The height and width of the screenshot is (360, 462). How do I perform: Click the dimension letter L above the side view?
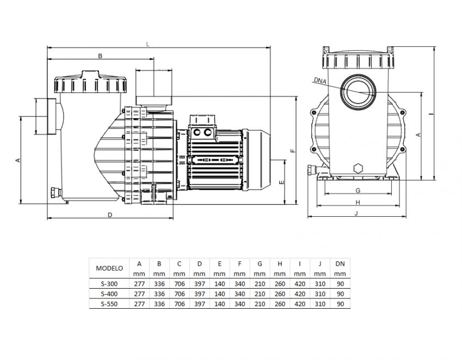pyautogui.click(x=149, y=44)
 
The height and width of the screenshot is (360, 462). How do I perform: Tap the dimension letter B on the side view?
pyautogui.click(x=100, y=56)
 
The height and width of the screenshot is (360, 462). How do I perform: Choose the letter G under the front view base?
pyautogui.click(x=358, y=190)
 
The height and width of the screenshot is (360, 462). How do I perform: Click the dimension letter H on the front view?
pyautogui.click(x=358, y=202)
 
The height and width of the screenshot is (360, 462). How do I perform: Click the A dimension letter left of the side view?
pyautogui.click(x=17, y=160)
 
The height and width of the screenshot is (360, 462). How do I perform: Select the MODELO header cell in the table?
pyautogui.click(x=109, y=268)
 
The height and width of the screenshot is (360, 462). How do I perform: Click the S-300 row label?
pyautogui.click(x=109, y=284)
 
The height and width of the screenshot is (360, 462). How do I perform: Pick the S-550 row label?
pyautogui.click(x=109, y=303)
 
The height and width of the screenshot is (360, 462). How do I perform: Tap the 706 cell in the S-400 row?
pyautogui.click(x=179, y=294)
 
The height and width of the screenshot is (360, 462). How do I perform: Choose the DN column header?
pyautogui.click(x=340, y=263)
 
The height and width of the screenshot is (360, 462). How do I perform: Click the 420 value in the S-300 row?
pyautogui.click(x=299, y=284)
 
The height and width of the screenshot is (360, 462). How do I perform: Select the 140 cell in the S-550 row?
pyautogui.click(x=219, y=303)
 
